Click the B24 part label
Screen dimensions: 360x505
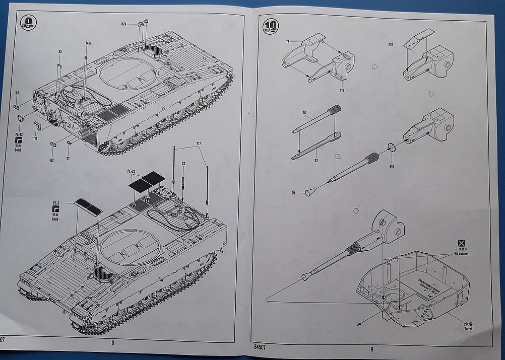[x=123, y=24]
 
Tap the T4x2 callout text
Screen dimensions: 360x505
[x=88, y=43]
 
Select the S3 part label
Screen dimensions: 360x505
[x=60, y=52]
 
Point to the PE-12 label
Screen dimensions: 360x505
[x=19, y=135]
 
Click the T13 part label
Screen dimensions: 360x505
[x=35, y=138]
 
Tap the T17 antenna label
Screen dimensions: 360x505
[x=199, y=145]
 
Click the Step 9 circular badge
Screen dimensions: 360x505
[x=29, y=23]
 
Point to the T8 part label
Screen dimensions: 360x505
[x=288, y=42]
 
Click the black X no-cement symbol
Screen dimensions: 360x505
[x=461, y=243]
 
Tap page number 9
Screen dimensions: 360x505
[x=371, y=348]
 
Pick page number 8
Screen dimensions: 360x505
[x=113, y=343]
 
